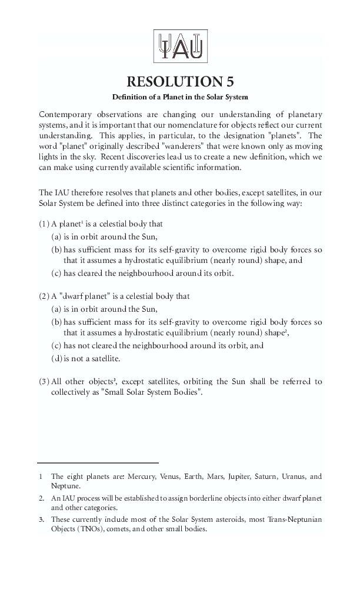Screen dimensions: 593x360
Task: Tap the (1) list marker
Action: [x=44, y=224]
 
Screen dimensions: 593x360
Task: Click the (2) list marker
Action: [x=44, y=296]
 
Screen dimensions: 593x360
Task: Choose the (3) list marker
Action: [x=44, y=382]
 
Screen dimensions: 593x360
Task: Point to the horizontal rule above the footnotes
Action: [x=98, y=463]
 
